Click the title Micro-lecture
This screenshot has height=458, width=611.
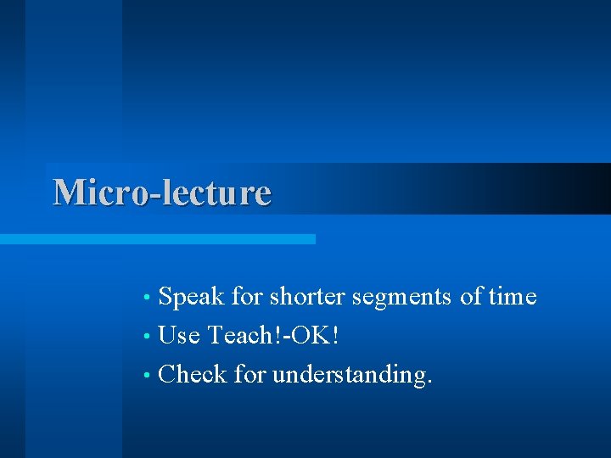tap(162, 193)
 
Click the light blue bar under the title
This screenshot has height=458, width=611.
tap(158, 239)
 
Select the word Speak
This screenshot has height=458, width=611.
tap(192, 297)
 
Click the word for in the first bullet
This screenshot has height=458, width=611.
tap(247, 297)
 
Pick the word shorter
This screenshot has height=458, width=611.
tap(306, 297)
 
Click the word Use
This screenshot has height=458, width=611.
tap(179, 335)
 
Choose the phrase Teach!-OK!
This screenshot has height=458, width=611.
tap(273, 335)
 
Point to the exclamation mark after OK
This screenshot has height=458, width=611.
tap(336, 335)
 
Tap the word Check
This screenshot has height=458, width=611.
tap(193, 373)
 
